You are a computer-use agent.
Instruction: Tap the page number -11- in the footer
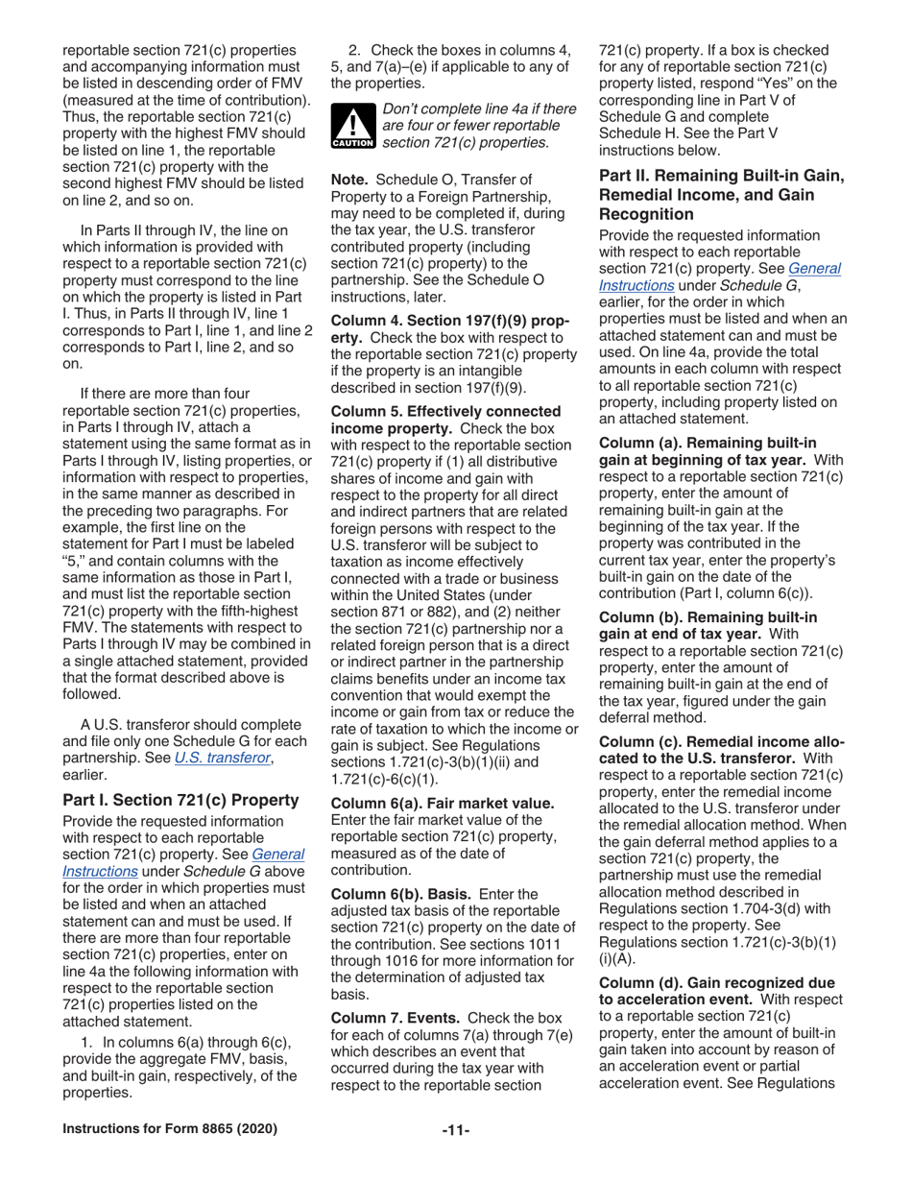point(456,1128)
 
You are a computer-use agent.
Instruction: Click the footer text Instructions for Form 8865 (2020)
point(170,1128)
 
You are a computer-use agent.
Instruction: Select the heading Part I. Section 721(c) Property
point(180,799)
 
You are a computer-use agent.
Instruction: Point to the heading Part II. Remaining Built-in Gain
point(721,177)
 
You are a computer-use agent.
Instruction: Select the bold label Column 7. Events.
point(395,1017)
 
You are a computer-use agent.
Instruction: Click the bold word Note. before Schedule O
point(350,180)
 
